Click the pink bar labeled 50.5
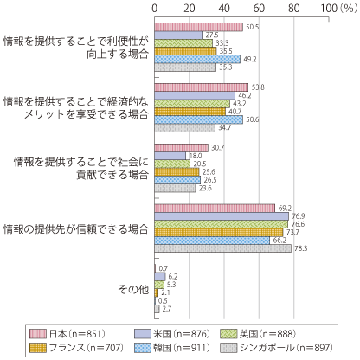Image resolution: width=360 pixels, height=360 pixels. point(199,27)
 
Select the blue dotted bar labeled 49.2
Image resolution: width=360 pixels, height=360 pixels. point(197,59)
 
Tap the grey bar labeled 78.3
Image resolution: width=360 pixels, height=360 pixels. point(223,248)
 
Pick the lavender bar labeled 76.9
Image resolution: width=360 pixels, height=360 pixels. point(222,216)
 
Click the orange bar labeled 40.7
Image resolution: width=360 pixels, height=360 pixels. point(190,112)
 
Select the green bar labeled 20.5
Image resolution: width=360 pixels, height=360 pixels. point(172,164)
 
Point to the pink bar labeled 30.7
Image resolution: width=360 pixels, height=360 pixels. point(182,148)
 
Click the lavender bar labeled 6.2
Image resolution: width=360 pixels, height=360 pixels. point(160,277)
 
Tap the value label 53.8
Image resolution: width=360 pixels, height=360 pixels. point(258,87)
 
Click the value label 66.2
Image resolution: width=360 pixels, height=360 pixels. point(280,241)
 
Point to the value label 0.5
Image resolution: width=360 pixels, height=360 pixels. point(163,300)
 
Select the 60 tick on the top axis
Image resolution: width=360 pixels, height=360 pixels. point(259,9)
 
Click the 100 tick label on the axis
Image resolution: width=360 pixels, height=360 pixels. point(329,9)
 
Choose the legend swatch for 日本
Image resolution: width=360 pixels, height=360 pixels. point(38,334)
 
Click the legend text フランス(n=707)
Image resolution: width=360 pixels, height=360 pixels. point(87,348)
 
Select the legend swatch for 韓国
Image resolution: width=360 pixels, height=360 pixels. point(143,348)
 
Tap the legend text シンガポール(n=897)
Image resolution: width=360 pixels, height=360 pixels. point(286,348)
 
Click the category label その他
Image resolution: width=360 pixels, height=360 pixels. point(133,289)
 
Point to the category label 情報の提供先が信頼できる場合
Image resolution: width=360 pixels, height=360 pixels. point(76,229)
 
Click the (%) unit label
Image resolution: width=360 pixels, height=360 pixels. point(349,9)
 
